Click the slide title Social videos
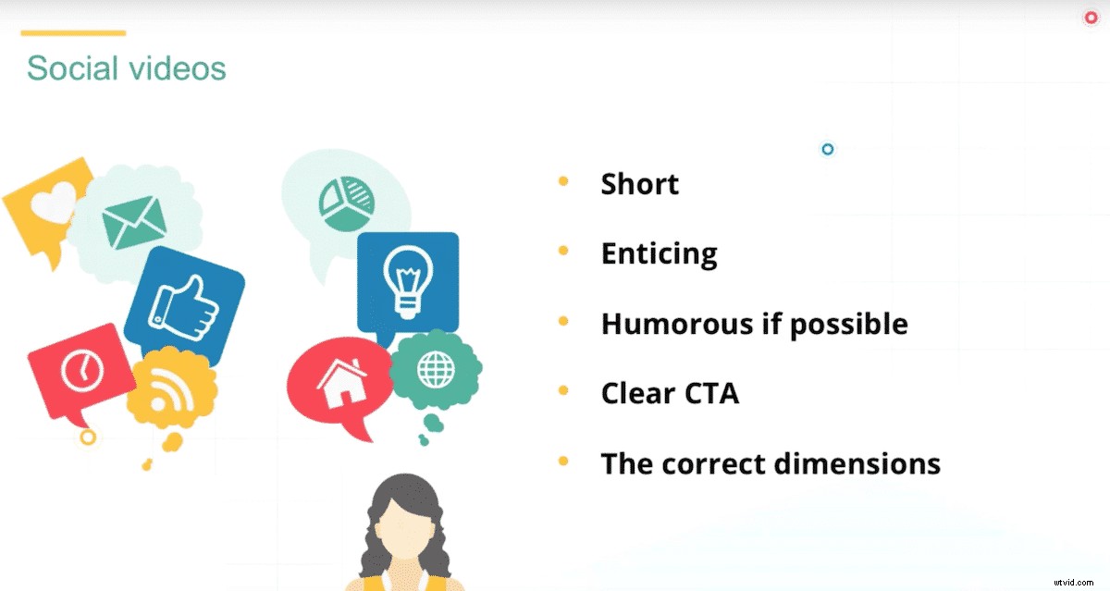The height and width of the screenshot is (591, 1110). point(127,68)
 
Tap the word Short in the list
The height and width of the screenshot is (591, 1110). point(640,184)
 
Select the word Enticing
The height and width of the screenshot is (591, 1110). point(660,253)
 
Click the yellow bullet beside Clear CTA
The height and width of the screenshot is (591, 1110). point(563,391)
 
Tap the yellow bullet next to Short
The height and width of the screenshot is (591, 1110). point(563,181)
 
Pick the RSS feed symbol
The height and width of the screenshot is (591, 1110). point(170,393)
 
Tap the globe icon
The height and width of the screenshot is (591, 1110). point(436,370)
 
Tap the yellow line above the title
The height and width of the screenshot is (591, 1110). point(73,33)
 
